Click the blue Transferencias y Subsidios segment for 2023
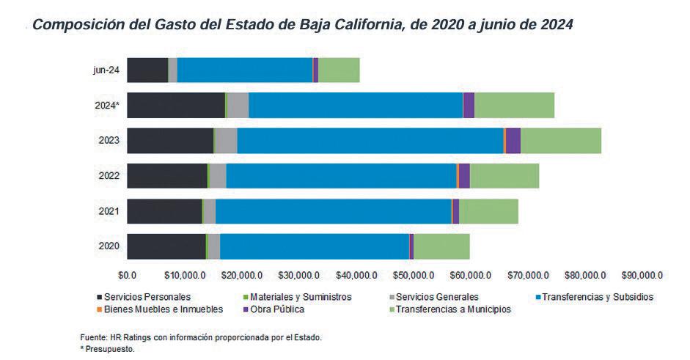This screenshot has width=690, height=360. click(x=370, y=140)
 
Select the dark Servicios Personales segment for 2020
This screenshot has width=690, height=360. click(x=166, y=246)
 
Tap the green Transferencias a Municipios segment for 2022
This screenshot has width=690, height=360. click(x=504, y=176)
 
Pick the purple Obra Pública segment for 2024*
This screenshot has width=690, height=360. click(x=469, y=105)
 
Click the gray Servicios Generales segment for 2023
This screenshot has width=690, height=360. click(x=226, y=140)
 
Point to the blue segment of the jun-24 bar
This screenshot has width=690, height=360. click(x=245, y=70)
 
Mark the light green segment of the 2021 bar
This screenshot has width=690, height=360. click(x=488, y=211)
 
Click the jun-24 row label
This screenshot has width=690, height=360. click(x=106, y=70)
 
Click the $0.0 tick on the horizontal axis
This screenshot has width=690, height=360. click(x=128, y=275)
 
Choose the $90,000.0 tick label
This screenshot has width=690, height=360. click(x=642, y=275)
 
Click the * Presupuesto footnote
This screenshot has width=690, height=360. click(x=108, y=349)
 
